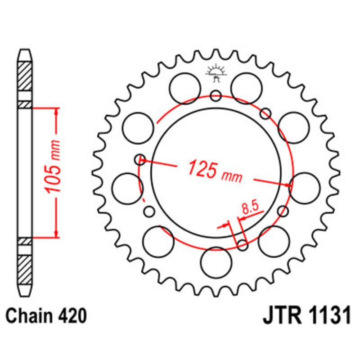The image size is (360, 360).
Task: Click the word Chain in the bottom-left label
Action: (28, 316)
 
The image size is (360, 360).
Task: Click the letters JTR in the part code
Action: (280, 316)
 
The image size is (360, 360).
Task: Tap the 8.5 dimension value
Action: (249, 208)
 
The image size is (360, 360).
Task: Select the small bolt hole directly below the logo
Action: (216, 95)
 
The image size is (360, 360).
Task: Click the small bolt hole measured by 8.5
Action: (243, 245)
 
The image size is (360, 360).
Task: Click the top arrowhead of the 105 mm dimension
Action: (56, 111)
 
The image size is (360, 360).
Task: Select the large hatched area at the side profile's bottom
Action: (25, 270)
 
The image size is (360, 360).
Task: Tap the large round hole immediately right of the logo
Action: (247, 85)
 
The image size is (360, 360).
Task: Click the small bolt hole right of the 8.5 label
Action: (283, 211)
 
